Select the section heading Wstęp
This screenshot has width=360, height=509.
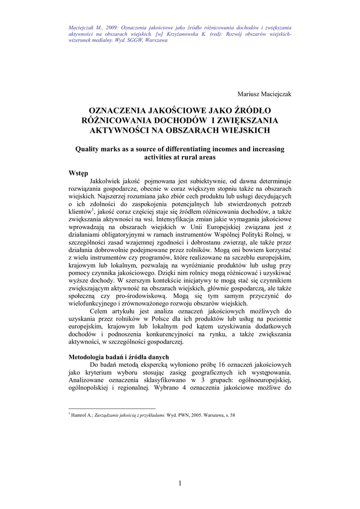point(78,173)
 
